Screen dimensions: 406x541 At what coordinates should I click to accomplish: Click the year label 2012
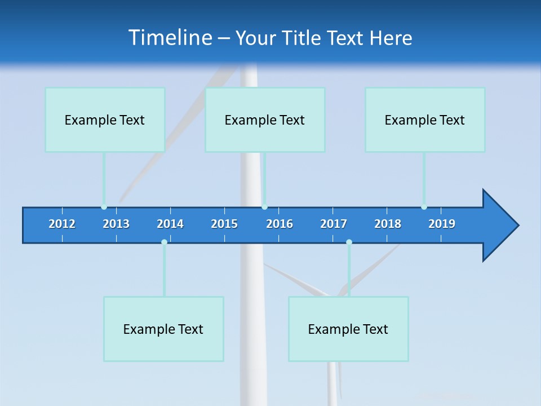pyautogui.click(x=62, y=224)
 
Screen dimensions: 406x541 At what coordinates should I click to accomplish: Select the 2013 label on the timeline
pyautogui.click(x=116, y=224)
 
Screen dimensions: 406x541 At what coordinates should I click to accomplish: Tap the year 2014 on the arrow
pyautogui.click(x=170, y=224)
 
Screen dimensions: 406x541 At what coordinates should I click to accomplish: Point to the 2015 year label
pyautogui.click(x=224, y=224)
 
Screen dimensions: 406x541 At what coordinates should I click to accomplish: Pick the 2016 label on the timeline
pyautogui.click(x=280, y=224)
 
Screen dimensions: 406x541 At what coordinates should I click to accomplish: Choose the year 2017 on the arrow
pyautogui.click(x=334, y=224)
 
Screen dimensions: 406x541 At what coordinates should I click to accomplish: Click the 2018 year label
pyautogui.click(x=388, y=224)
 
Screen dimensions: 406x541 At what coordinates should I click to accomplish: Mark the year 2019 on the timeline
pyautogui.click(x=442, y=224)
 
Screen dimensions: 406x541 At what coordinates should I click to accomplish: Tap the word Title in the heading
pyautogui.click(x=301, y=38)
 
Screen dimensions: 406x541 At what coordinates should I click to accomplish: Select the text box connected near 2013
pyautogui.click(x=105, y=120)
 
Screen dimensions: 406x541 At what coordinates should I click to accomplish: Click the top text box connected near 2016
pyautogui.click(x=265, y=120)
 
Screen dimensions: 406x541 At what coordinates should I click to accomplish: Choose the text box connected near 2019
pyautogui.click(x=425, y=120)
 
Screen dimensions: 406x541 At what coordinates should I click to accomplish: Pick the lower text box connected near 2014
pyautogui.click(x=163, y=329)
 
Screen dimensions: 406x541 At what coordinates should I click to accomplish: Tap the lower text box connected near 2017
pyautogui.click(x=348, y=329)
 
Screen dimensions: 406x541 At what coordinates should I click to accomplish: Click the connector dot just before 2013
pyautogui.click(x=104, y=207)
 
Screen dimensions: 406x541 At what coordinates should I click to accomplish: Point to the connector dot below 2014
pyautogui.click(x=164, y=242)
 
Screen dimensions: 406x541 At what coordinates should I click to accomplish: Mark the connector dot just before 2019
pyautogui.click(x=424, y=207)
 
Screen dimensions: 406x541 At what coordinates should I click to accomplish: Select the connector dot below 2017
pyautogui.click(x=349, y=242)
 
